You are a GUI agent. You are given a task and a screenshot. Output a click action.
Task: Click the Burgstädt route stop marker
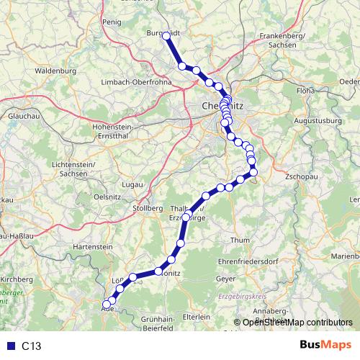(x=166, y=35)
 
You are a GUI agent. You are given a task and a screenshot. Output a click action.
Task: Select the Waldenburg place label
(x=55, y=72)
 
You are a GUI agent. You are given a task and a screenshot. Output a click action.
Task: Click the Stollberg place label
(x=147, y=207)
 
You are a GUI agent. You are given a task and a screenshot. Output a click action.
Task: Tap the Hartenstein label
(x=89, y=247)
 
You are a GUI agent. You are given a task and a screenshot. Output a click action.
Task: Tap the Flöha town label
(x=306, y=91)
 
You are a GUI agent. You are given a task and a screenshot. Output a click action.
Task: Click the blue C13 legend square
(x=10, y=346)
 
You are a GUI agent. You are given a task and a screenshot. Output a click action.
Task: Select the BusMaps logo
(x=320, y=346)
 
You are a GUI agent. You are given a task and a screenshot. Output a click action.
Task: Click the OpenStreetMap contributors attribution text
(x=297, y=323)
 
